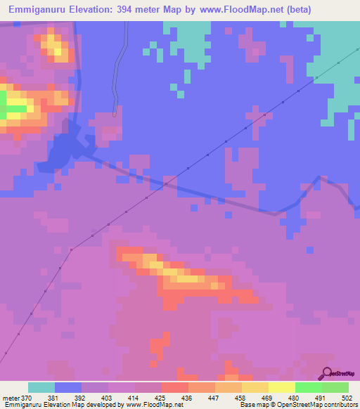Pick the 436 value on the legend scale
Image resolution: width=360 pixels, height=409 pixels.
tap(188, 398)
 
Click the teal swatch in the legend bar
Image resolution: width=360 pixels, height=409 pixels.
tap(41, 387)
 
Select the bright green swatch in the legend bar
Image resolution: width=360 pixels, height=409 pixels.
tap(308, 387)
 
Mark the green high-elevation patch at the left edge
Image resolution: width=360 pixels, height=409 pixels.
tap(4, 105)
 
